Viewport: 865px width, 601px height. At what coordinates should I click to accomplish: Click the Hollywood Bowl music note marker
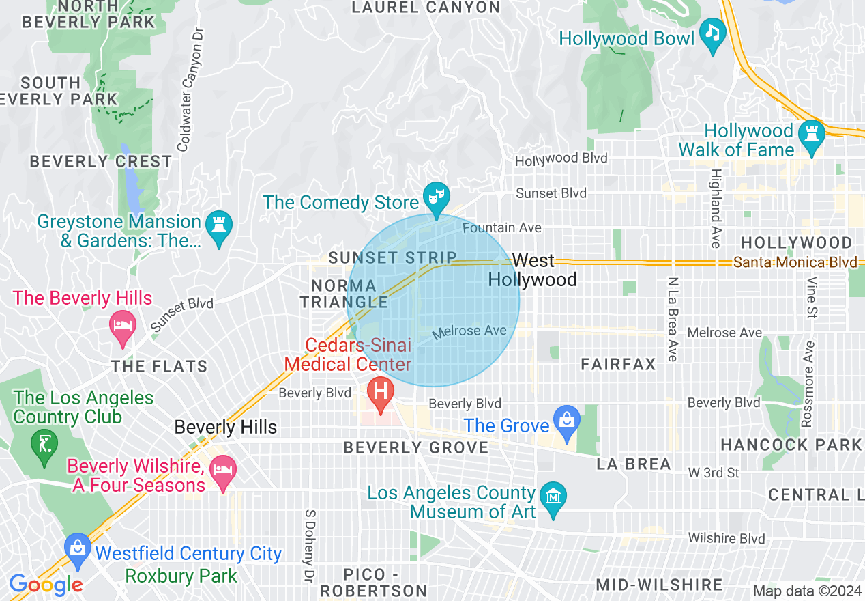714,33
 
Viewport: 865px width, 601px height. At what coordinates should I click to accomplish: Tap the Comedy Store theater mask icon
435,197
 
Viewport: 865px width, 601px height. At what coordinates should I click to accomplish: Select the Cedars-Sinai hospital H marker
381,393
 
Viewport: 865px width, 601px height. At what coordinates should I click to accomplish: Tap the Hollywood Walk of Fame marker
812,133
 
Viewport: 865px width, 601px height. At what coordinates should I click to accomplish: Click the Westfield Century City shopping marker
78,548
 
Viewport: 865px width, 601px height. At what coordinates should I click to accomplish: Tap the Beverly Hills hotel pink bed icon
123,324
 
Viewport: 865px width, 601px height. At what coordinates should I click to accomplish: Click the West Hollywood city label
533,270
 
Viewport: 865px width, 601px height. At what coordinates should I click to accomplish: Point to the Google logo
46,585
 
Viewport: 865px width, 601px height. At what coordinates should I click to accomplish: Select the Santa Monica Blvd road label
795,262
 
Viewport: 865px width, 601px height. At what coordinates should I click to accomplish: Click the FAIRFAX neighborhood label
618,364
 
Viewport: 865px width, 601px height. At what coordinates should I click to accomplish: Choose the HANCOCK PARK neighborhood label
791,445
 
